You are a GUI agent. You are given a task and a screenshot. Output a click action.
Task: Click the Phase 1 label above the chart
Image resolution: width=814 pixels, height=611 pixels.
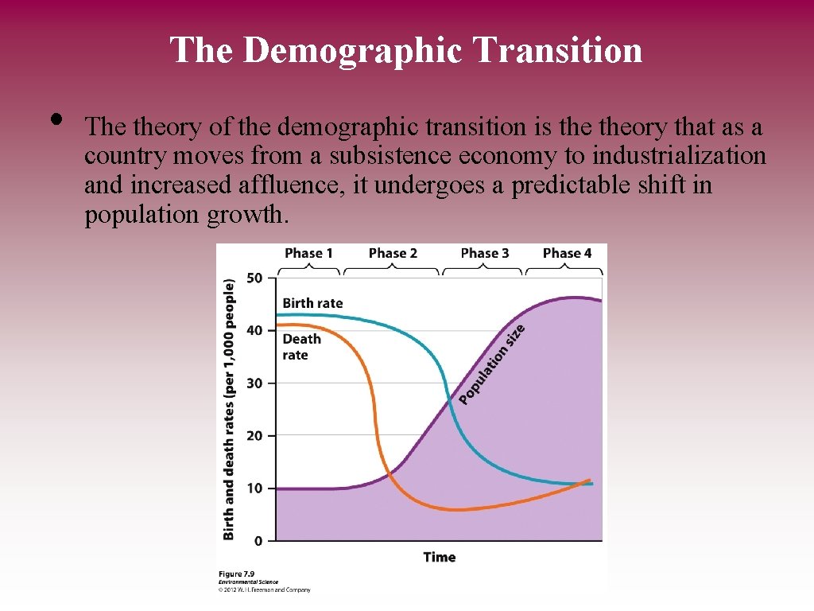point(308,253)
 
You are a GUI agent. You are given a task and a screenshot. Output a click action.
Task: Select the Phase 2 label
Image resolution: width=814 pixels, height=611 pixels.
point(393,253)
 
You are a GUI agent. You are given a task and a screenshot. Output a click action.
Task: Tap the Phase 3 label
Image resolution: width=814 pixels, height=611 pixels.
point(484,253)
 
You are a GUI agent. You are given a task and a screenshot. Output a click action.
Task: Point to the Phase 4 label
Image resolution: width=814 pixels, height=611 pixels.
point(567,253)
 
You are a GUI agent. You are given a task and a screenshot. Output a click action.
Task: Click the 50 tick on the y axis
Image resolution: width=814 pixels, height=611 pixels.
point(254,278)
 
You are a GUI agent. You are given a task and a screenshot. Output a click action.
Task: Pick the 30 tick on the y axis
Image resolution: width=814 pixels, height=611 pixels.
point(254,383)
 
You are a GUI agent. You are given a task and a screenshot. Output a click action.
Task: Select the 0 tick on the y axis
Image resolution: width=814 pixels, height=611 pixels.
point(258,541)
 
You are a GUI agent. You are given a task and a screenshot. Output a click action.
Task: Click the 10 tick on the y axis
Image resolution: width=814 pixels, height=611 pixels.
point(254,488)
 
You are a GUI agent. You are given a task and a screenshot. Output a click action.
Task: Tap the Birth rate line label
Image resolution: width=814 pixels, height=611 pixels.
point(312,303)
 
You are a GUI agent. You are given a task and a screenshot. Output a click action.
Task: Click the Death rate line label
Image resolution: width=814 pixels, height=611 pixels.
point(301,346)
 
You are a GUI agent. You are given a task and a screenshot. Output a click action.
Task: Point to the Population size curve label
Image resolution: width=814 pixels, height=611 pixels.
point(492,363)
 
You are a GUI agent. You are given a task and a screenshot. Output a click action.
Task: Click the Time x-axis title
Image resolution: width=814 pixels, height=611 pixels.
point(439,557)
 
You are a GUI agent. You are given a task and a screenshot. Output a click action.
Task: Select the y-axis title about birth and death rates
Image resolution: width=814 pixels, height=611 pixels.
point(229,409)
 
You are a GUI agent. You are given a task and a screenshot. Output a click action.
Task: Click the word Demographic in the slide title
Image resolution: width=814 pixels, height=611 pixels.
point(353,49)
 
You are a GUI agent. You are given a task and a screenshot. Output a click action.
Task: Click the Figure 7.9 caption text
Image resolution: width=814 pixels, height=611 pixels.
point(237,574)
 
